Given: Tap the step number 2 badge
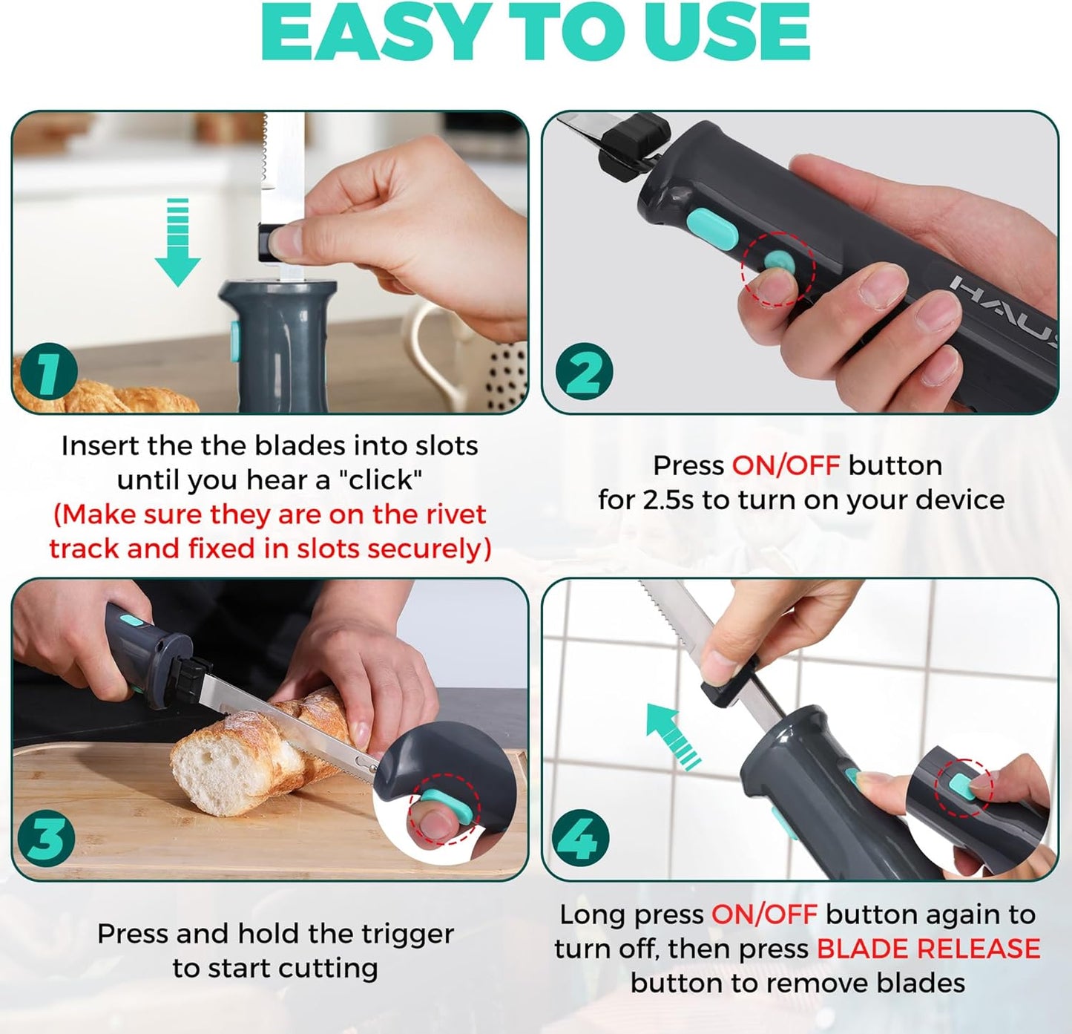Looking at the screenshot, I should point(584,371).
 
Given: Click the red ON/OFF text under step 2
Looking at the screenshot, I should point(785,465).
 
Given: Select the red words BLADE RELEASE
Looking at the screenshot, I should point(928,949).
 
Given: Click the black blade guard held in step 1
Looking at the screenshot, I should point(267,242).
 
